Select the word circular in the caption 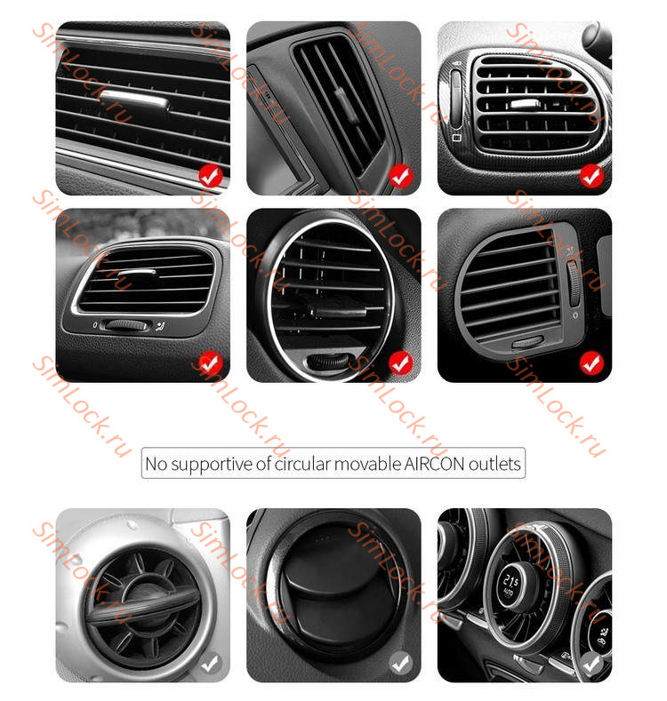point(305,464)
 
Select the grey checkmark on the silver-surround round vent point(210,663)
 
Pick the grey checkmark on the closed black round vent point(400,663)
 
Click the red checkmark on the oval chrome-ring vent point(400,362)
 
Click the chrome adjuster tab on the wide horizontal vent point(134,100)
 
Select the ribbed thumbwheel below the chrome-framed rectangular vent point(125,325)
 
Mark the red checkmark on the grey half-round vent point(591,362)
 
